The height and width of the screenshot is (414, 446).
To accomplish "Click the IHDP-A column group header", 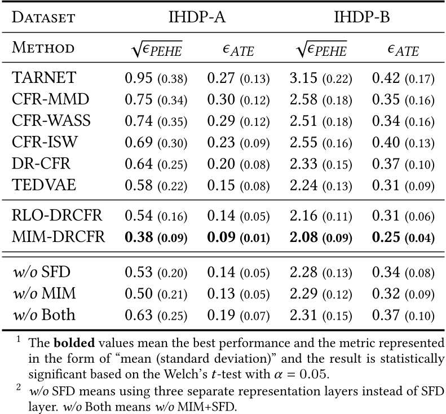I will [x=197, y=17].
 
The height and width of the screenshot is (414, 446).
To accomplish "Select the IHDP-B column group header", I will [x=363, y=17].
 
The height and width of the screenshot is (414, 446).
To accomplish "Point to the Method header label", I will [x=42, y=49].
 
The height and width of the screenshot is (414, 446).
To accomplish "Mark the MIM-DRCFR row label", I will [x=58, y=236].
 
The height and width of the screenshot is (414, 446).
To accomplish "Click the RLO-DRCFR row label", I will [x=57, y=215].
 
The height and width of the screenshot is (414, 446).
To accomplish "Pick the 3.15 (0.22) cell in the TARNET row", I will [x=321, y=78].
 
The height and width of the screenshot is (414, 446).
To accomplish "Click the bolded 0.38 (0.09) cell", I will [x=156, y=236].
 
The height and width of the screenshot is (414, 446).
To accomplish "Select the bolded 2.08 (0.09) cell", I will [x=321, y=236].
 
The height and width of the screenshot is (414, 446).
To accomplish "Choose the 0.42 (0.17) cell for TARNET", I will [x=403, y=78].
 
